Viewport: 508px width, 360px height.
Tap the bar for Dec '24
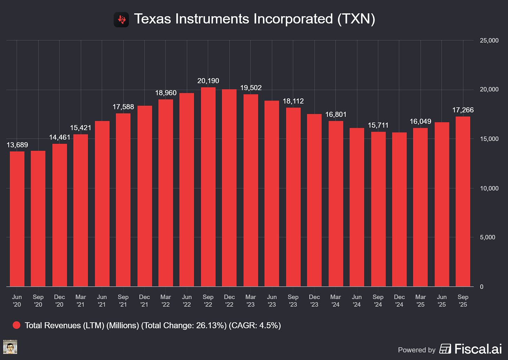coord(399,209)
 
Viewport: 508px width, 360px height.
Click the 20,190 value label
coord(208,81)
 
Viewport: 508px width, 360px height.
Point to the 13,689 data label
coord(17,145)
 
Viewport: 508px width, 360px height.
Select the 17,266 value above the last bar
coord(463,110)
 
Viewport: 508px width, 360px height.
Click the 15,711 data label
coord(378,125)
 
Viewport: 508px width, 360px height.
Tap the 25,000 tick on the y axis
coord(489,41)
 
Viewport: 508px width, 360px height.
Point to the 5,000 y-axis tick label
coord(488,237)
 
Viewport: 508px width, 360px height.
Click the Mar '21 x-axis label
coord(81,301)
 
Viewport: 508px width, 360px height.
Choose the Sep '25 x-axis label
coord(463,301)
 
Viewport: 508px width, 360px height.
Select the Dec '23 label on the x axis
coord(314,301)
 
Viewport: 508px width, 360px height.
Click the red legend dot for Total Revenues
coord(16,325)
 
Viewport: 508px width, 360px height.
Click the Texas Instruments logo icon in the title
coord(121,20)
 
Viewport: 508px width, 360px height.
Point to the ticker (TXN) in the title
coord(356,19)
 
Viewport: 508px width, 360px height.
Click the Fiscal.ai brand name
coord(478,349)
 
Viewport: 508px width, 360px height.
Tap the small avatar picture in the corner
coord(10,347)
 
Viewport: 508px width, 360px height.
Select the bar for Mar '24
coord(336,204)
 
